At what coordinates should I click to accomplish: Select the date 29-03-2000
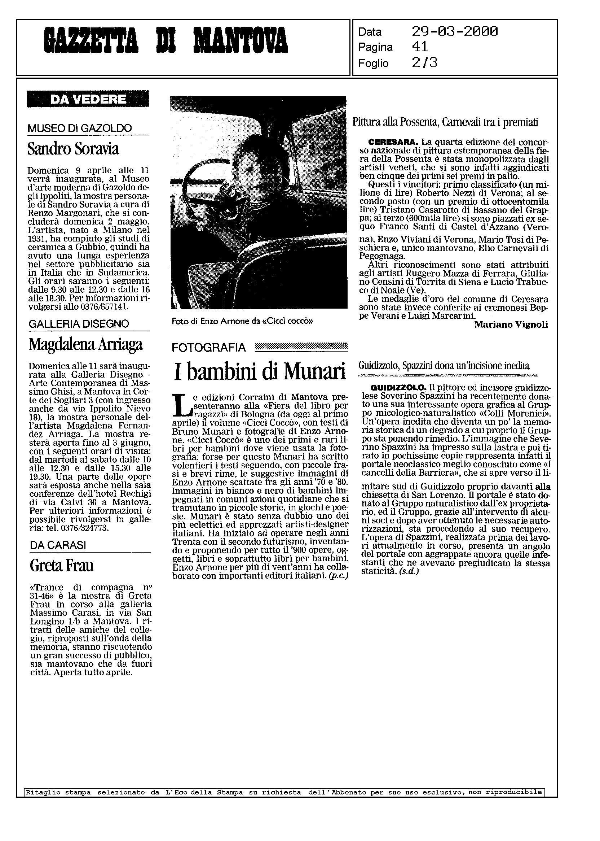coord(454,32)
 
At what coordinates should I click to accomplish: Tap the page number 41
coord(420,47)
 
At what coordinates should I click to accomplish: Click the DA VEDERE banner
coord(88,99)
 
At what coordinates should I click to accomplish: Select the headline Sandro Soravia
coord(73,149)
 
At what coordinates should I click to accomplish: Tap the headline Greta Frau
coord(61,566)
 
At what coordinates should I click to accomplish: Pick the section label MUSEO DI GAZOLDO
coord(79,128)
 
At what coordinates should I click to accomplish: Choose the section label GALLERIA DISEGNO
coord(79,324)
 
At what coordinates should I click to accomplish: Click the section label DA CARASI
coord(58,545)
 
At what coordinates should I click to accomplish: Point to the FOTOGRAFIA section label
coord(209,347)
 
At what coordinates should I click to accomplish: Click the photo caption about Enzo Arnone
coord(242,321)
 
